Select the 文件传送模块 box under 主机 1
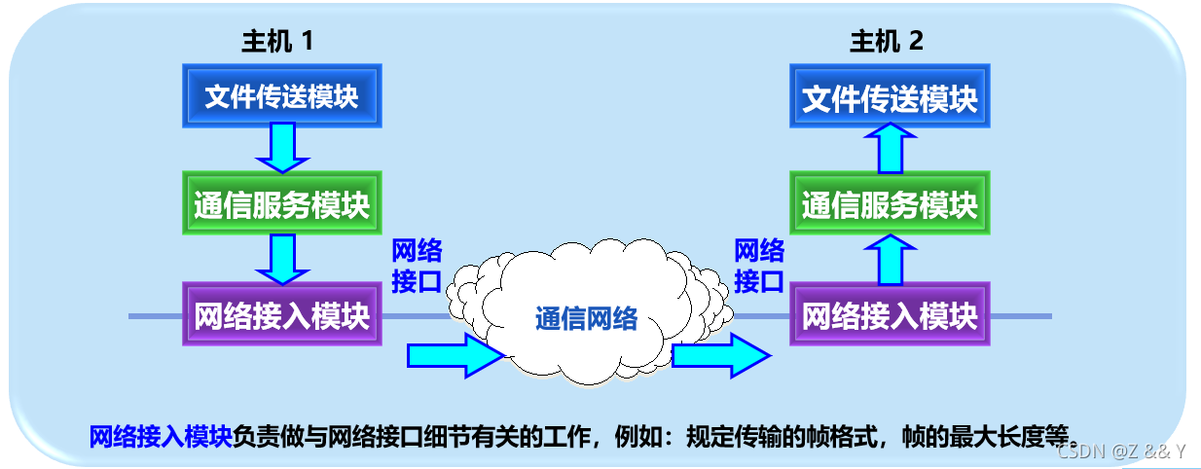pyautogui.click(x=281, y=97)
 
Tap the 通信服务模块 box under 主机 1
pyautogui.click(x=281, y=205)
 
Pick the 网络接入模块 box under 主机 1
pyautogui.click(x=281, y=314)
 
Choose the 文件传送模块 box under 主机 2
pyautogui.click(x=890, y=97)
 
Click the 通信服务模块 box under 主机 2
pyautogui.click(x=890, y=205)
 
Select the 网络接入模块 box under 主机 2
pyautogui.click(x=890, y=314)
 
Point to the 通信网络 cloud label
pyautogui.click(x=586, y=318)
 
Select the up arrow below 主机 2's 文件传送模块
pyautogui.click(x=890, y=149)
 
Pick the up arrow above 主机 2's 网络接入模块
pyautogui.click(x=890, y=258)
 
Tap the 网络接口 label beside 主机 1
pyautogui.click(x=417, y=266)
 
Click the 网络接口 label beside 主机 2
pyautogui.click(x=759, y=266)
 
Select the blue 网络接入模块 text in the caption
pyautogui.click(x=161, y=436)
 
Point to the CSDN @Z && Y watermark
pyautogui.click(x=1121, y=451)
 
